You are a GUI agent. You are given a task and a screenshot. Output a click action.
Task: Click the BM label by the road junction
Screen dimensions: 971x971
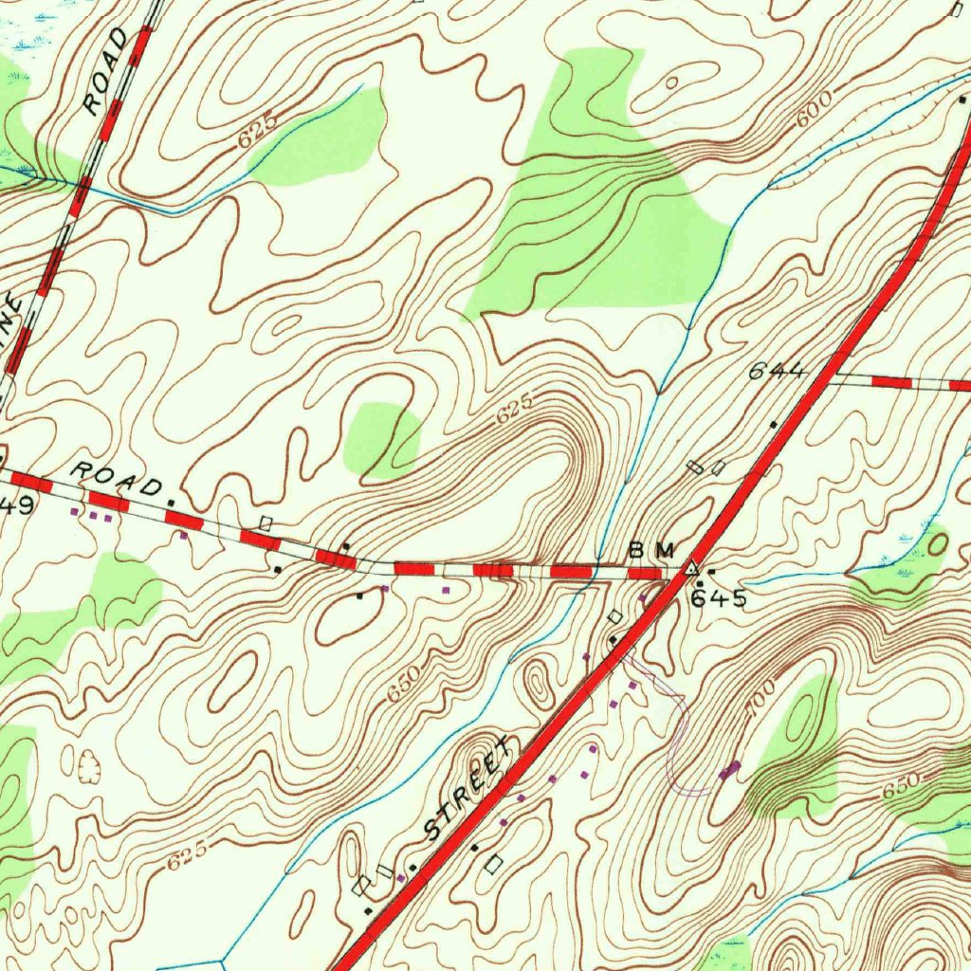pyautogui.click(x=652, y=550)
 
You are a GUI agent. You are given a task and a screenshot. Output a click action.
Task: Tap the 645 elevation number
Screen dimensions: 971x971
pyautogui.click(x=718, y=599)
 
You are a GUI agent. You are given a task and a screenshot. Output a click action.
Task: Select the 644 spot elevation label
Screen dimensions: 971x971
pyautogui.click(x=777, y=372)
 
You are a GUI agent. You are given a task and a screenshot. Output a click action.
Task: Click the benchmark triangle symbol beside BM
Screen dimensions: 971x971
pyautogui.click(x=692, y=569)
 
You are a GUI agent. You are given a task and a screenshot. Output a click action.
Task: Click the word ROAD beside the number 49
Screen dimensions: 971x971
pyautogui.click(x=117, y=479)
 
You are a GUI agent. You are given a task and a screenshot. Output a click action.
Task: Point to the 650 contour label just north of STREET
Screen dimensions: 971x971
pyautogui.click(x=403, y=687)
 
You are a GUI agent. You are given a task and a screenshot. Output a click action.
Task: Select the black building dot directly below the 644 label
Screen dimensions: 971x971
pyautogui.click(x=774, y=424)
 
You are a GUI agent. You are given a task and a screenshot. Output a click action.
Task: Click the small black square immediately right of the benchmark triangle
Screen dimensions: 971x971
pyautogui.click(x=710, y=572)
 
